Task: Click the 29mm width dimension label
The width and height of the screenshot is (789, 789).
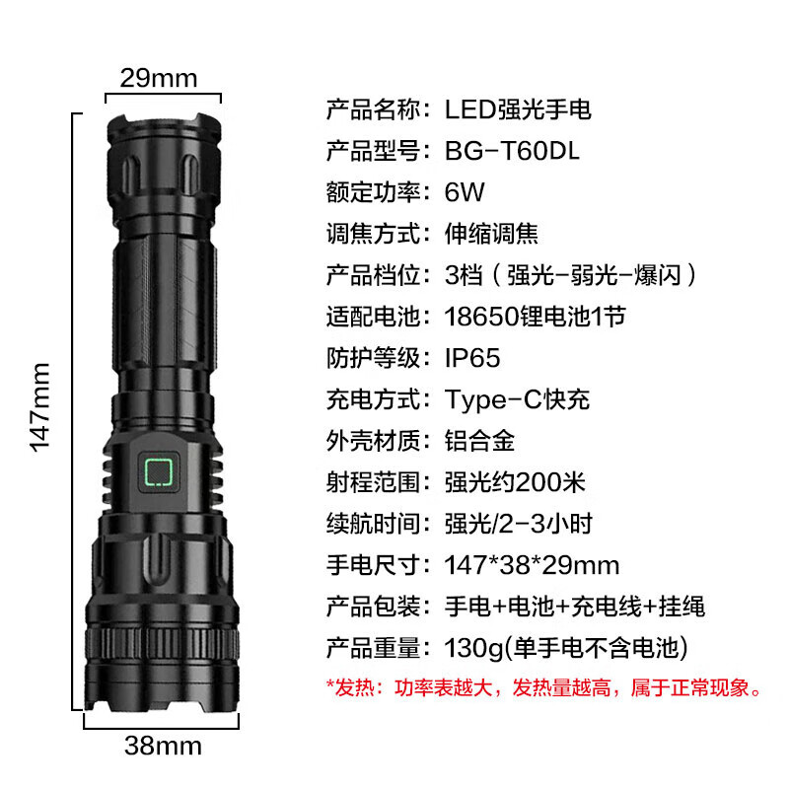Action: [x=159, y=79]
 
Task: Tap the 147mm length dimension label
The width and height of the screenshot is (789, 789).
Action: [x=39, y=407]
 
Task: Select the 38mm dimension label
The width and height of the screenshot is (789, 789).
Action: [x=163, y=746]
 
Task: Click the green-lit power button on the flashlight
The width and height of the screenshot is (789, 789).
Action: [x=159, y=472]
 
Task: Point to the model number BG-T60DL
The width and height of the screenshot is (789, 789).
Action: [x=512, y=151]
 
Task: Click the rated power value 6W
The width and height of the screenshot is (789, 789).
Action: [x=465, y=192]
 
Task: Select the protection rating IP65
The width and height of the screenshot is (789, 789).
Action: [x=472, y=358]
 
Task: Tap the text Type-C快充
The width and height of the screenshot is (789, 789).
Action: [x=517, y=399]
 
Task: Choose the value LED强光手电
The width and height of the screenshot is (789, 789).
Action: [x=518, y=109]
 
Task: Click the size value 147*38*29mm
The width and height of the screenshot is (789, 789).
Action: [x=532, y=565]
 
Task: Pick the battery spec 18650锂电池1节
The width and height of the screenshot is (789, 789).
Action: [x=535, y=317]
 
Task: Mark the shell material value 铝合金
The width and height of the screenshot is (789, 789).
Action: [x=479, y=441]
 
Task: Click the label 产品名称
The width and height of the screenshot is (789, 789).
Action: [x=373, y=109]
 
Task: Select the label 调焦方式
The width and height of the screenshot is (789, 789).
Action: [x=373, y=234]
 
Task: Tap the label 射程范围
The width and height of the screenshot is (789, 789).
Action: [x=373, y=482]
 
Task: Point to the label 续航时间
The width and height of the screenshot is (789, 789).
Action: [x=373, y=524]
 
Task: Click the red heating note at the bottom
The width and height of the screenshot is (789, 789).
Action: [x=544, y=687]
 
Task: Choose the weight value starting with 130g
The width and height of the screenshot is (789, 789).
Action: [x=566, y=648]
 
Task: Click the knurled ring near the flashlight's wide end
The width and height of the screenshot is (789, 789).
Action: [x=162, y=644]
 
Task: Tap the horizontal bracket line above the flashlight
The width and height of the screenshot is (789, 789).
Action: [x=163, y=94]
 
